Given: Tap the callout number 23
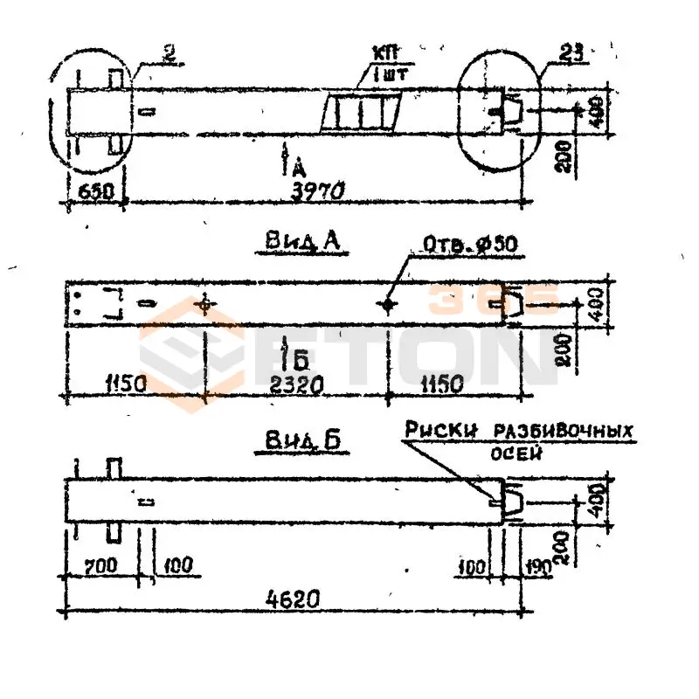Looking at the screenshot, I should click(558, 52).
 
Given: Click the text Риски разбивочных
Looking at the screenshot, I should click(518, 431).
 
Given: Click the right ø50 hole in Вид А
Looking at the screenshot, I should click(388, 305).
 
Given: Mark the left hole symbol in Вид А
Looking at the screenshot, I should click(204, 305).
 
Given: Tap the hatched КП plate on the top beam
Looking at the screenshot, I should click(361, 112).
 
